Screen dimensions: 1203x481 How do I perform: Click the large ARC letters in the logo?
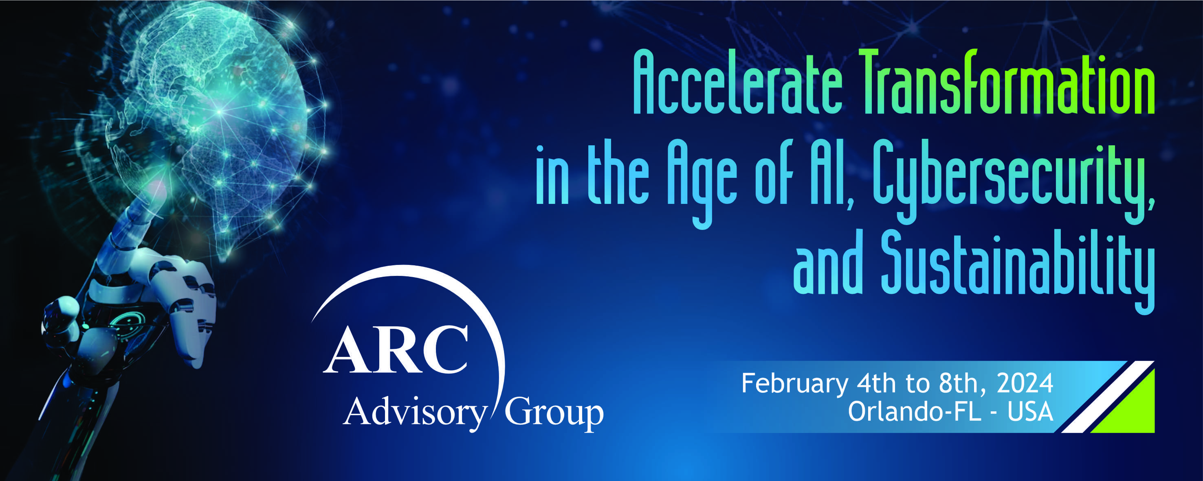pyautogui.click(x=396, y=349)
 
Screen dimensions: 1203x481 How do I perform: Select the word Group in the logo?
pyautogui.click(x=554, y=412)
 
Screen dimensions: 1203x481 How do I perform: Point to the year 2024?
pyautogui.click(x=1025, y=383)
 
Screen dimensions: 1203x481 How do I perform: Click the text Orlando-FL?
pyautogui.click(x=915, y=412)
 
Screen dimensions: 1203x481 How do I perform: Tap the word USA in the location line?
pyautogui.click(x=1030, y=412)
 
